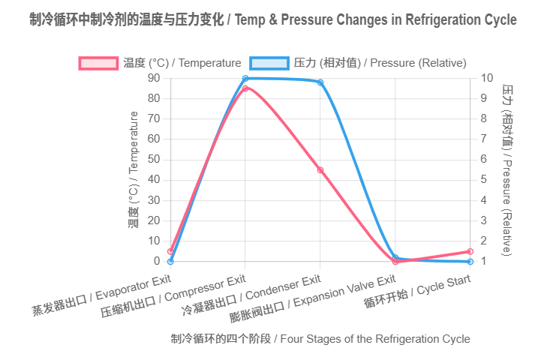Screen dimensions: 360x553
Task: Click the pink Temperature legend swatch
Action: click(x=98, y=63)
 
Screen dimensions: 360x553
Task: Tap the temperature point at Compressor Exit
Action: click(x=245, y=88)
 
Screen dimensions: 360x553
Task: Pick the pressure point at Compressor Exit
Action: click(x=245, y=78)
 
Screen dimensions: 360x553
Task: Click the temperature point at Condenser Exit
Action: click(x=320, y=170)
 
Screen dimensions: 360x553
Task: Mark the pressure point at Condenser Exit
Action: click(x=320, y=82)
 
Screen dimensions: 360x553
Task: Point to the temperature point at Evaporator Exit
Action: click(x=170, y=251)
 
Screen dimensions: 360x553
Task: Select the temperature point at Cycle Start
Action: click(x=470, y=251)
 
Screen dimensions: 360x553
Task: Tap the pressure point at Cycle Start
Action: click(x=470, y=262)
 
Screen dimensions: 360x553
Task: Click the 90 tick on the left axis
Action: click(x=154, y=78)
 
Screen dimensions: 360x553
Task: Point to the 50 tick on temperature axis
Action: click(x=154, y=160)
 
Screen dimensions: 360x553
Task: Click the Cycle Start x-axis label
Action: click(x=417, y=292)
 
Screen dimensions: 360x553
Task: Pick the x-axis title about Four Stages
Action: click(x=320, y=339)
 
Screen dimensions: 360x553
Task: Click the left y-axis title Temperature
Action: click(x=134, y=169)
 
